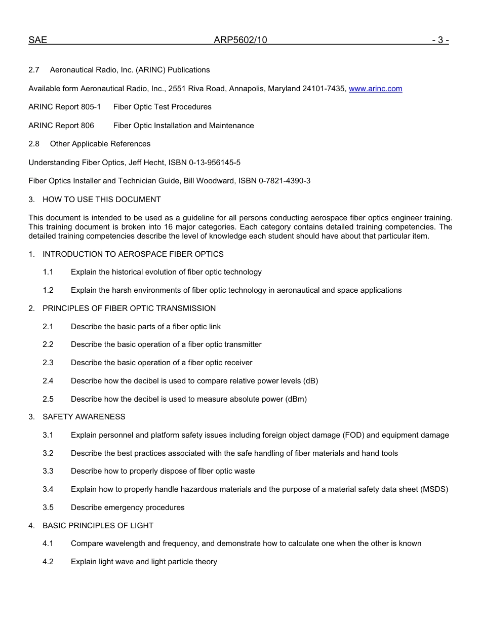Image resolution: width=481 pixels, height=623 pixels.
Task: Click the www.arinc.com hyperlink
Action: (x=375, y=89)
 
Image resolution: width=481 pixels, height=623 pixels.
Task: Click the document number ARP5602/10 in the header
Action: (x=240, y=40)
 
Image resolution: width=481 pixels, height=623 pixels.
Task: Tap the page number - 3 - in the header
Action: (x=440, y=40)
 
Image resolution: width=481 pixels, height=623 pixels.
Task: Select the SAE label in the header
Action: (x=37, y=40)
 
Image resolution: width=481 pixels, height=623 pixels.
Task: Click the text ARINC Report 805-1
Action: (x=64, y=107)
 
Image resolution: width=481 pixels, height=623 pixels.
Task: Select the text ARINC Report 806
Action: (x=61, y=126)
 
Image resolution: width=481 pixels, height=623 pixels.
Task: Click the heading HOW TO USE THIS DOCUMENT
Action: (x=101, y=200)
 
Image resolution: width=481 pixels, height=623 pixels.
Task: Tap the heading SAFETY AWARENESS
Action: (x=84, y=417)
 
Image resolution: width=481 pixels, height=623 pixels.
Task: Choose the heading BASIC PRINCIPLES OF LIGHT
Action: (x=98, y=526)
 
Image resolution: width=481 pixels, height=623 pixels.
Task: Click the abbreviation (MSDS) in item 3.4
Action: (x=434, y=489)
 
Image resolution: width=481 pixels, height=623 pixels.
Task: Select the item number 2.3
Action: (x=48, y=363)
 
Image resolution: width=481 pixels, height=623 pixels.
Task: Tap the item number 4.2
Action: (x=48, y=562)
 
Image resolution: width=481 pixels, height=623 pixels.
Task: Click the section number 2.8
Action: (x=34, y=144)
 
